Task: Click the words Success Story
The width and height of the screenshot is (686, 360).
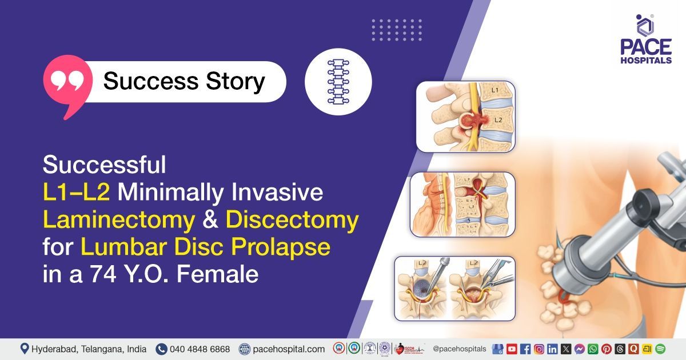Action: point(184,81)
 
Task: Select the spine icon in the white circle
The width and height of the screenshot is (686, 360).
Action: point(338,82)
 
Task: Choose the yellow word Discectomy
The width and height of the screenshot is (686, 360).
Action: point(292,220)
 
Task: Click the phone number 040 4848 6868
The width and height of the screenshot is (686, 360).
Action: point(200,349)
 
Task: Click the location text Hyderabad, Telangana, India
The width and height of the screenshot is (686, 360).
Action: point(89,349)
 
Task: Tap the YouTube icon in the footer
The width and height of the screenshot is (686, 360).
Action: point(512,349)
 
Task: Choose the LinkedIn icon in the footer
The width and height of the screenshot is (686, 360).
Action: point(552,349)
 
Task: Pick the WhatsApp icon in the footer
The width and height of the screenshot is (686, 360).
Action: point(592,349)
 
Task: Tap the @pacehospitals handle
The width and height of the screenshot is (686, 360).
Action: point(460,349)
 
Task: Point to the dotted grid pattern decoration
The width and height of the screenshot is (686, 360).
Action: point(396,30)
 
